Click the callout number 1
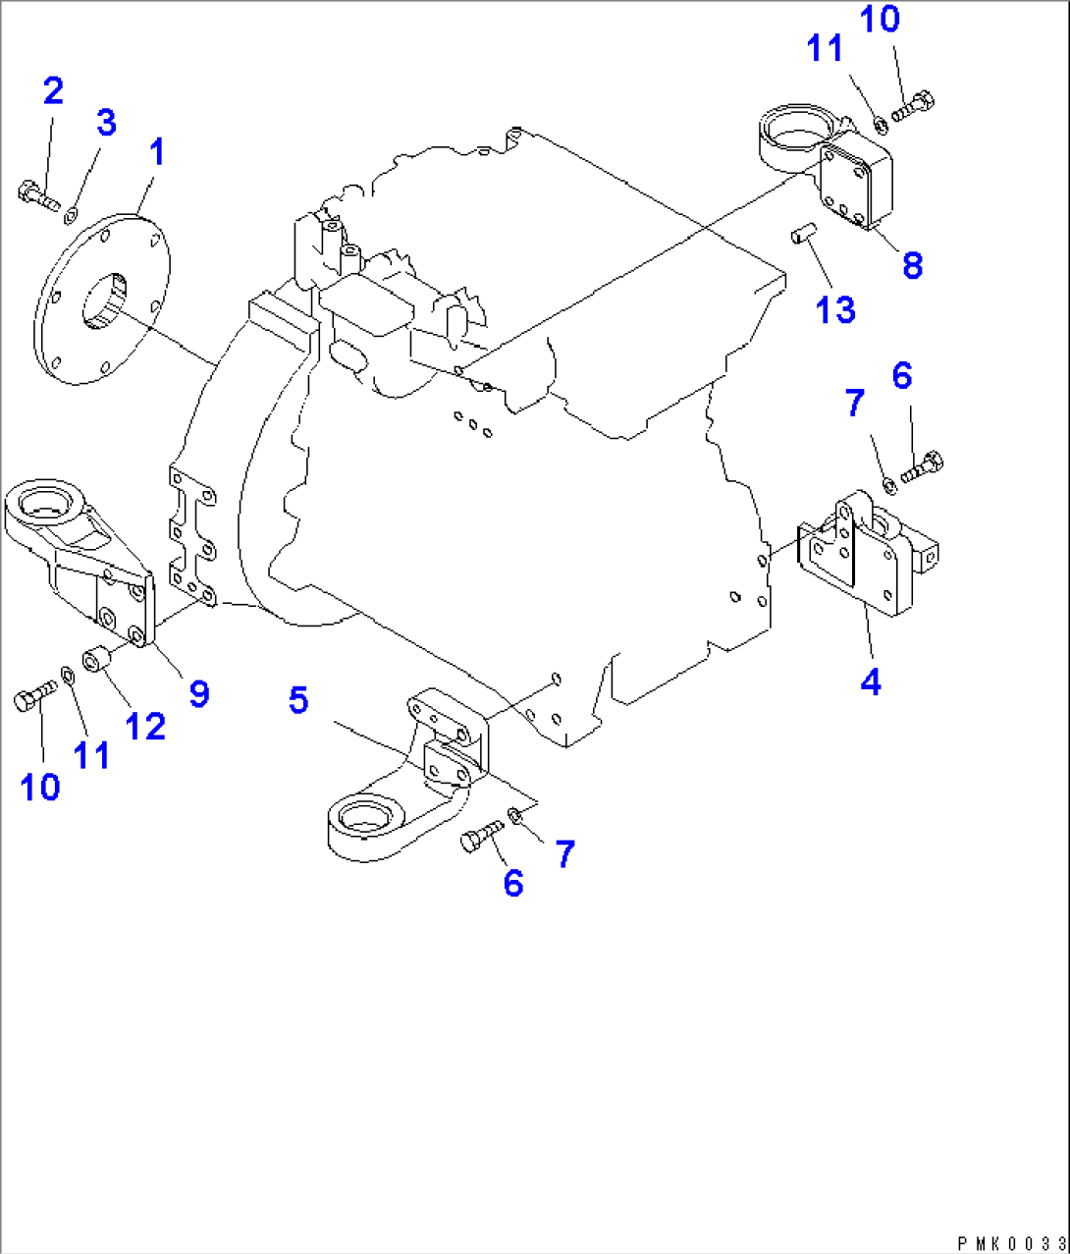coord(156,152)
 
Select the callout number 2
coord(53,91)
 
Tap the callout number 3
coord(106,123)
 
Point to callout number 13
coord(835,309)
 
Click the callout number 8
coord(912,264)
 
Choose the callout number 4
coord(871,681)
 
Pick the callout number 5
coord(298,700)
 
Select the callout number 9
coord(199,693)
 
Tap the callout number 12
coord(145,727)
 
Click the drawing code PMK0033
coord(1012,1243)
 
